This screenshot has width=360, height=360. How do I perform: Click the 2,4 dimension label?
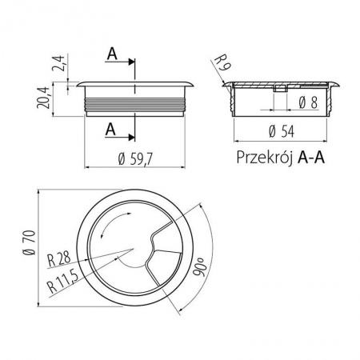click(58, 63)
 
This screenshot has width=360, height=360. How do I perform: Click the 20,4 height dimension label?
click(43, 98)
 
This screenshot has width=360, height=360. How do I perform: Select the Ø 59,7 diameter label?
click(135, 159)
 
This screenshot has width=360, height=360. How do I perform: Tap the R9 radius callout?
click(222, 62)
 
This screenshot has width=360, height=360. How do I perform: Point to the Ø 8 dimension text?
click(308, 102)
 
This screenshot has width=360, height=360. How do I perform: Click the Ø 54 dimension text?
click(282, 131)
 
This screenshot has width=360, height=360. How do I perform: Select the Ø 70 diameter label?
click(29, 242)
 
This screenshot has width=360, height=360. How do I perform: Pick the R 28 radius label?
click(59, 259)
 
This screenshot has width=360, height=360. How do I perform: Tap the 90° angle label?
click(198, 267)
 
